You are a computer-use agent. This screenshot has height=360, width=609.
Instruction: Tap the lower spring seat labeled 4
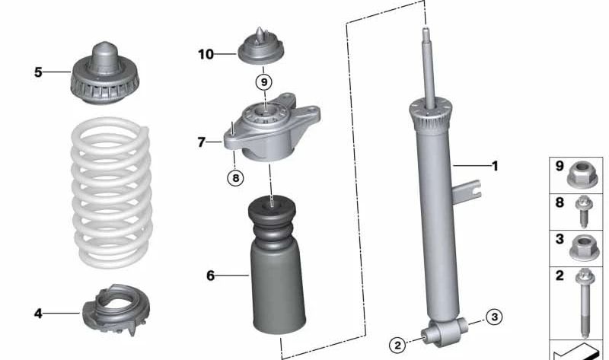[115, 311]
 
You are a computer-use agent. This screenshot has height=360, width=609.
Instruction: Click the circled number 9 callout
[263, 81]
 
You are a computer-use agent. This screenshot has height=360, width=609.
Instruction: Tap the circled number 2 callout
[397, 345]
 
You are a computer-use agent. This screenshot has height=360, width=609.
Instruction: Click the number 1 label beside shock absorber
[494, 165]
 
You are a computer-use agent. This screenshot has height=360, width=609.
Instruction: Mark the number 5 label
[37, 72]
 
